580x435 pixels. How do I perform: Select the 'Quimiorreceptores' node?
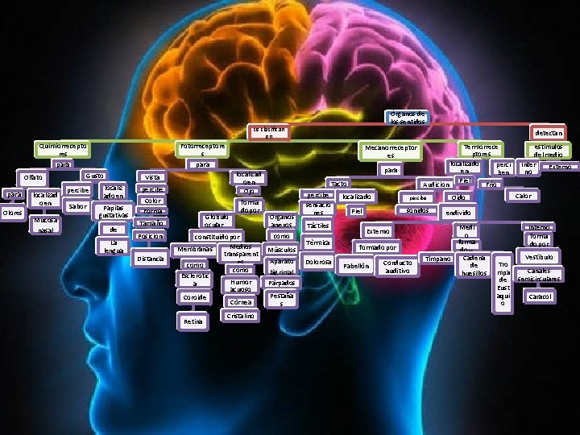pyautogui.click(x=61, y=149)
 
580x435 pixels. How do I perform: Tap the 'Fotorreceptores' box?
pyautogui.click(x=202, y=149)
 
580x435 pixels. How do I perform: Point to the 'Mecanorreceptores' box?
pyautogui.click(x=391, y=151)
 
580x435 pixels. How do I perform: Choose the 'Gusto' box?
pyautogui.click(x=94, y=176)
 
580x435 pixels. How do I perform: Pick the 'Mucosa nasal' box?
pyautogui.click(x=43, y=225)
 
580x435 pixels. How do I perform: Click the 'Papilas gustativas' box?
pyautogui.click(x=113, y=211)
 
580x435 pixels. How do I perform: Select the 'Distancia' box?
pyautogui.click(x=151, y=259)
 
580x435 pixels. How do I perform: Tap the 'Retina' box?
pyautogui.click(x=193, y=321)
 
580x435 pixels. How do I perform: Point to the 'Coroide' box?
pyautogui.click(x=193, y=297)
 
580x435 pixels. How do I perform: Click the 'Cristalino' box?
pyautogui.click(x=241, y=317)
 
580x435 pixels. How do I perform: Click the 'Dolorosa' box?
pyautogui.click(x=318, y=262)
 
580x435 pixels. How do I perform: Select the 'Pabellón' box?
pyautogui.click(x=355, y=266)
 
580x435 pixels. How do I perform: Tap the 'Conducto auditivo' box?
pyautogui.click(x=398, y=267)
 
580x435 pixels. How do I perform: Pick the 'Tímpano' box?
pyautogui.click(x=437, y=259)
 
